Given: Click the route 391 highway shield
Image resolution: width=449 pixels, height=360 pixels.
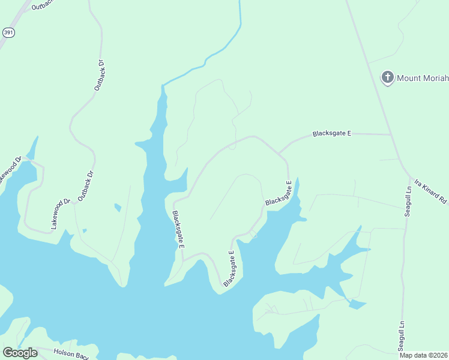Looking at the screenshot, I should point(8,32).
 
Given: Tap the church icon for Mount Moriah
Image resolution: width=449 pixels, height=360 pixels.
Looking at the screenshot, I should point(388,77).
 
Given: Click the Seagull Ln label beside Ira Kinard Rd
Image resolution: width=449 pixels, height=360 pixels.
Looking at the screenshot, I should point(408,201).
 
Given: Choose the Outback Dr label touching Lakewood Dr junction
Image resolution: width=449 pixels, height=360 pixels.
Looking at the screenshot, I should point(85,185).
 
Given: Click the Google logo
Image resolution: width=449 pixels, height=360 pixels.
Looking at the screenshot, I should point(20,353).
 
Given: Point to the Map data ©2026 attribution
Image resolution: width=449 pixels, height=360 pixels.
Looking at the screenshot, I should point(424,355).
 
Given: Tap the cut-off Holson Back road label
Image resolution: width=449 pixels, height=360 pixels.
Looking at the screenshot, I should point(71,354).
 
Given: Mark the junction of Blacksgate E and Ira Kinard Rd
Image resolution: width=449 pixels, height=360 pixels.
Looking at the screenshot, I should point(392,134).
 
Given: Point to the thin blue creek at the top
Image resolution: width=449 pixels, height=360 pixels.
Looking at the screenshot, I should point(240,24).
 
